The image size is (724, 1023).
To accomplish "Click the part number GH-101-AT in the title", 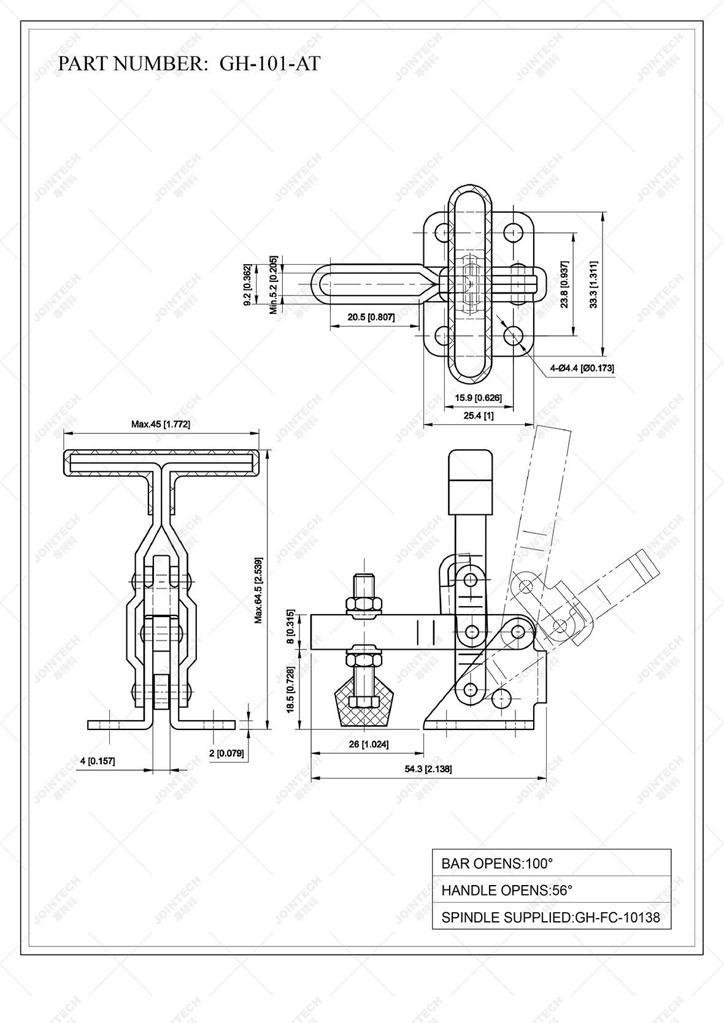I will click(x=269, y=64).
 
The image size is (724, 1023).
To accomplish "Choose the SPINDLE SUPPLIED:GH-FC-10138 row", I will click(x=551, y=918).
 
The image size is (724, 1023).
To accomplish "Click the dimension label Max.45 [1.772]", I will click(x=160, y=424).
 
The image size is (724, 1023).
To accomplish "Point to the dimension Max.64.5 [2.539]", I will click(x=259, y=590).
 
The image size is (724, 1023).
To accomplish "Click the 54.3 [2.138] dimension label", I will click(x=428, y=769).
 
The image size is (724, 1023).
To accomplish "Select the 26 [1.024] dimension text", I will click(x=368, y=744).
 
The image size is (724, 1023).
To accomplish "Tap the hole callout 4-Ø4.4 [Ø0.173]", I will click(x=582, y=368).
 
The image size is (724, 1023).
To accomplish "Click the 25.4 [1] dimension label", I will click(x=479, y=415).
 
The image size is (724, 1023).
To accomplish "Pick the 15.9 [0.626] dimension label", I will click(x=478, y=398).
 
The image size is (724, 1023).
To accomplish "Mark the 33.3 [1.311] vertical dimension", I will click(x=593, y=284).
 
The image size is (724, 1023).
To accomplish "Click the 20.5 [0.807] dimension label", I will click(x=371, y=317).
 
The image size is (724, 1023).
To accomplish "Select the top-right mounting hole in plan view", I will click(x=512, y=232).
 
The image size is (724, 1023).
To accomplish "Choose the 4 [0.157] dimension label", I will click(x=97, y=761).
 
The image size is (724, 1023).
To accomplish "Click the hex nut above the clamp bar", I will click(x=363, y=605).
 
